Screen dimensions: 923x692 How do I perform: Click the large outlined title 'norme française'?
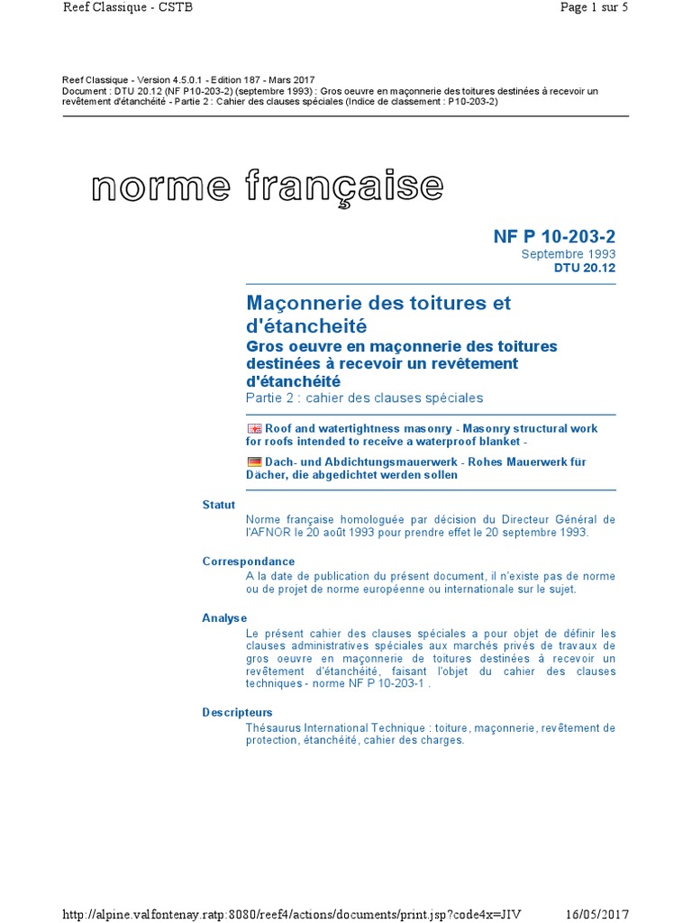[268, 187]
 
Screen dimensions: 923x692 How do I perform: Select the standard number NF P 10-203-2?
[554, 236]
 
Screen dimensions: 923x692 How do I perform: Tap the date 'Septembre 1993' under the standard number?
[569, 254]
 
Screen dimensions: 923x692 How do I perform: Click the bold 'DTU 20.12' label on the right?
[585, 268]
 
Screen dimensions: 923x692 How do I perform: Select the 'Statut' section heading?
[219, 505]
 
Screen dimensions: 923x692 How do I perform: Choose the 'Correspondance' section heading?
[249, 562]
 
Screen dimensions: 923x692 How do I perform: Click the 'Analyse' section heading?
[224, 617]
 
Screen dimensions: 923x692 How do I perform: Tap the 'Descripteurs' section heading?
[237, 712]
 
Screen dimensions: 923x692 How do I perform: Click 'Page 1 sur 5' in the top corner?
[594, 7]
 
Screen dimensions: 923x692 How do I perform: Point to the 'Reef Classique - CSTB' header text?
[128, 7]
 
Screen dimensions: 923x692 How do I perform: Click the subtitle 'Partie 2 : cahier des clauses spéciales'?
[364, 398]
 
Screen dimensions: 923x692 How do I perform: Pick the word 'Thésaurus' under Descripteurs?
[273, 727]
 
